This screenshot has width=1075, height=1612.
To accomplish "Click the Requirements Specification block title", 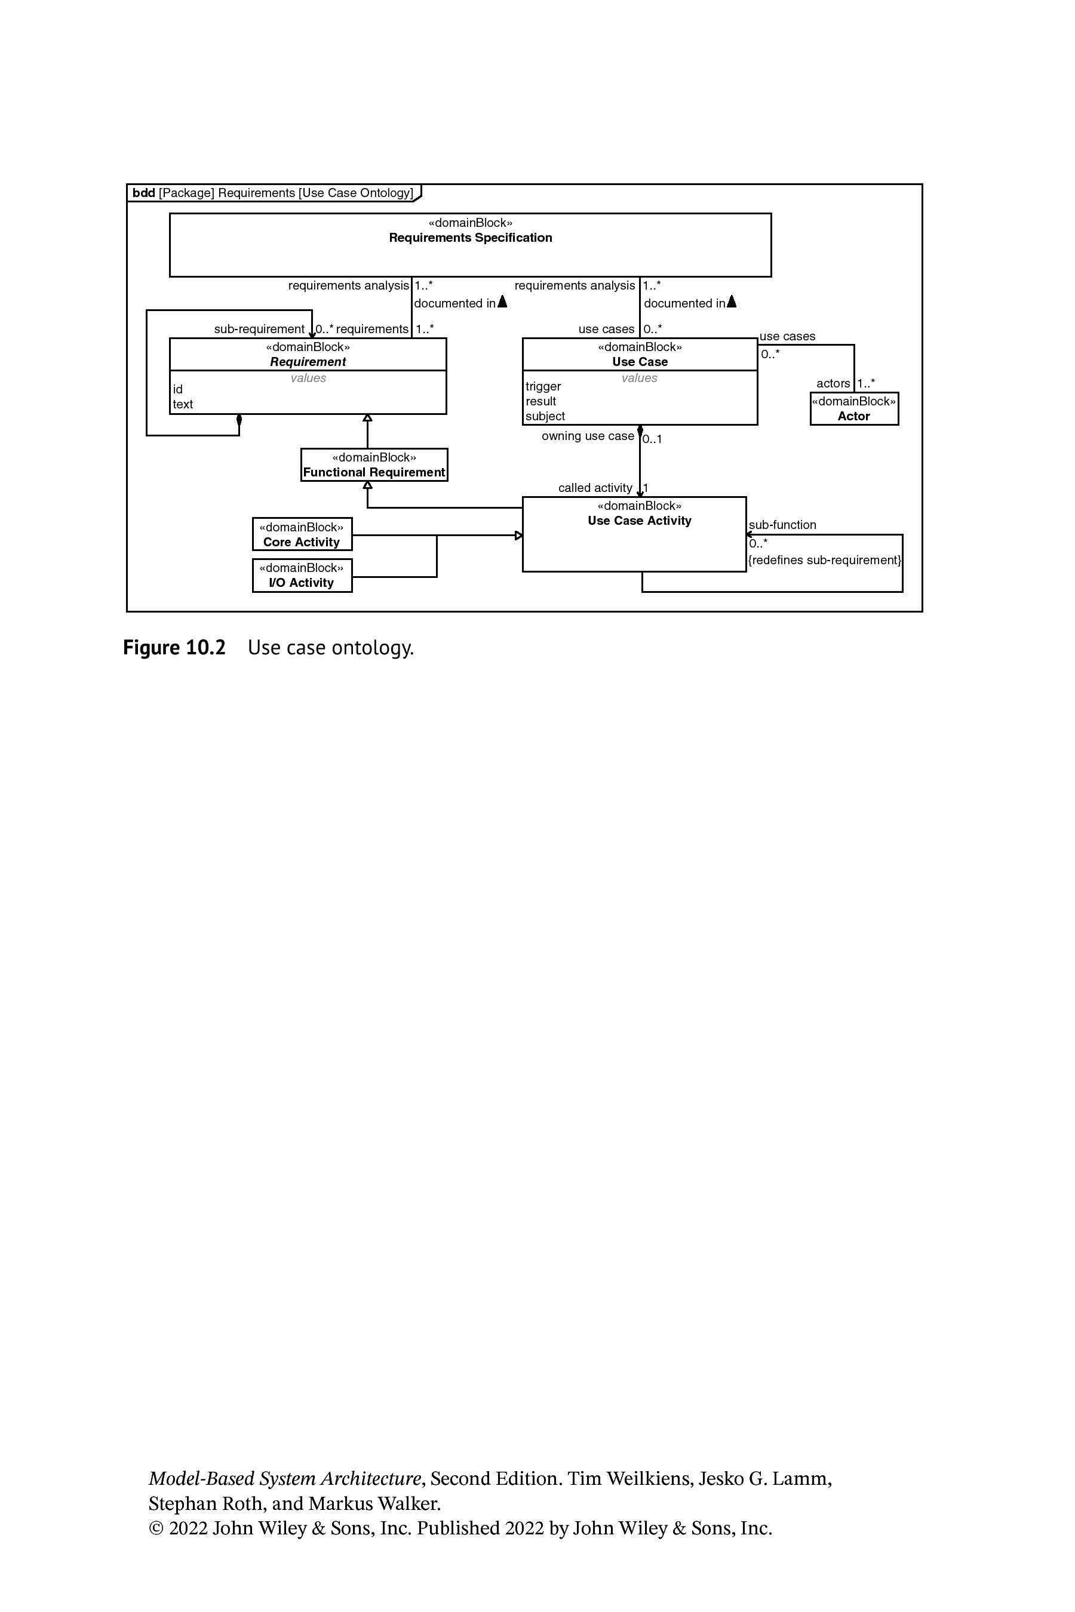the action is point(471,238).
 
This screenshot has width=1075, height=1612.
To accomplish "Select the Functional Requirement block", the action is point(374,464).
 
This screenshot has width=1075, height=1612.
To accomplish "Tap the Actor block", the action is point(854,408).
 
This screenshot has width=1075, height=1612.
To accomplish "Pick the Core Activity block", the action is point(302,534).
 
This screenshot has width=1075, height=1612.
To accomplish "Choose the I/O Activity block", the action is point(302,575).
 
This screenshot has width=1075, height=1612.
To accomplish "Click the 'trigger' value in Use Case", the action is point(543,386).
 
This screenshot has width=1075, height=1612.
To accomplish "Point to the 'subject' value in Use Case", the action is point(545,416).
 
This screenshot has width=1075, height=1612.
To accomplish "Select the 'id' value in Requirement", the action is point(177,389).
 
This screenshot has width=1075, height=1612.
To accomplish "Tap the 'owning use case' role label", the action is point(588,436).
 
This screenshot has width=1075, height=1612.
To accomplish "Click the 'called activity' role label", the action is point(595,488).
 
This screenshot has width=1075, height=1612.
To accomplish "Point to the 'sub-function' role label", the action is point(782,525).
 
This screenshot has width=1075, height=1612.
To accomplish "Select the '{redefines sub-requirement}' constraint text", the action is point(825,560).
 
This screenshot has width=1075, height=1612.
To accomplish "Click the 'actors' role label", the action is point(833,384).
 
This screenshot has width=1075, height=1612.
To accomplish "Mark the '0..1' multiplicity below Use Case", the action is point(652,439).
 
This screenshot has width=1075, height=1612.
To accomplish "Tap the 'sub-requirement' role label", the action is point(259,329).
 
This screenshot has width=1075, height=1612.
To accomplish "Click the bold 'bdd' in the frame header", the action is point(143,193).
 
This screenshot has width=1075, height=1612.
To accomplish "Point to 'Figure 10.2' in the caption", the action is point(174,648).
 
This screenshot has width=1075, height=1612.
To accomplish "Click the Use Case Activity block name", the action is point(640,521).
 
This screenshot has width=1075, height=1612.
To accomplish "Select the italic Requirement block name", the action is point(308,362).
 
